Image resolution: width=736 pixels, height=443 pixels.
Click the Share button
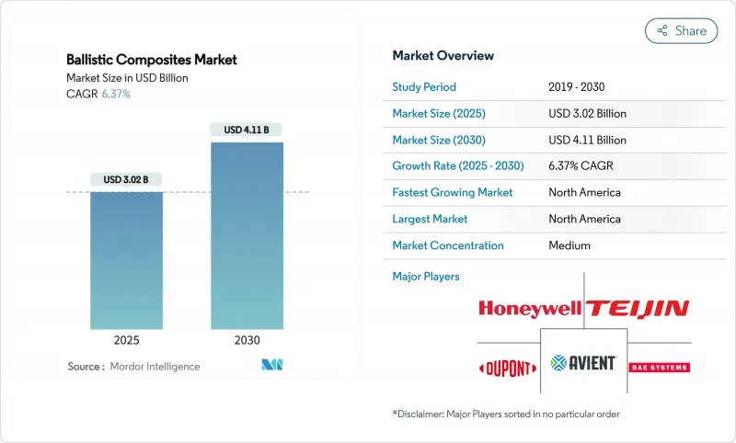click(x=681, y=30)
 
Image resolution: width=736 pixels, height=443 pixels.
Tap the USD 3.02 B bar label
click(x=126, y=179)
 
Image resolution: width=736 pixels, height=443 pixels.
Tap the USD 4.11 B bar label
click(x=247, y=130)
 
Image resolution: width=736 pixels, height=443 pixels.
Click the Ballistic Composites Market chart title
click(x=152, y=60)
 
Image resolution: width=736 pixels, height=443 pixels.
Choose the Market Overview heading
click(x=443, y=56)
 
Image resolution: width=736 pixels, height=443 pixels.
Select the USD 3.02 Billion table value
click(x=587, y=114)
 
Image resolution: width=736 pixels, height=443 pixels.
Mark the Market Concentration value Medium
click(x=569, y=245)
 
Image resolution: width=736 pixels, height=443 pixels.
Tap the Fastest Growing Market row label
click(x=452, y=193)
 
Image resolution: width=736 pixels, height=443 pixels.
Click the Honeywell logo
click(x=529, y=308)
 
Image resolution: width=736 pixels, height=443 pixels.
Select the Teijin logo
click(x=638, y=308)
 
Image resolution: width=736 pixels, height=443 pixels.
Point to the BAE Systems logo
click(x=658, y=367)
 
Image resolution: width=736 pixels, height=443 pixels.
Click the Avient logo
click(x=582, y=363)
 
